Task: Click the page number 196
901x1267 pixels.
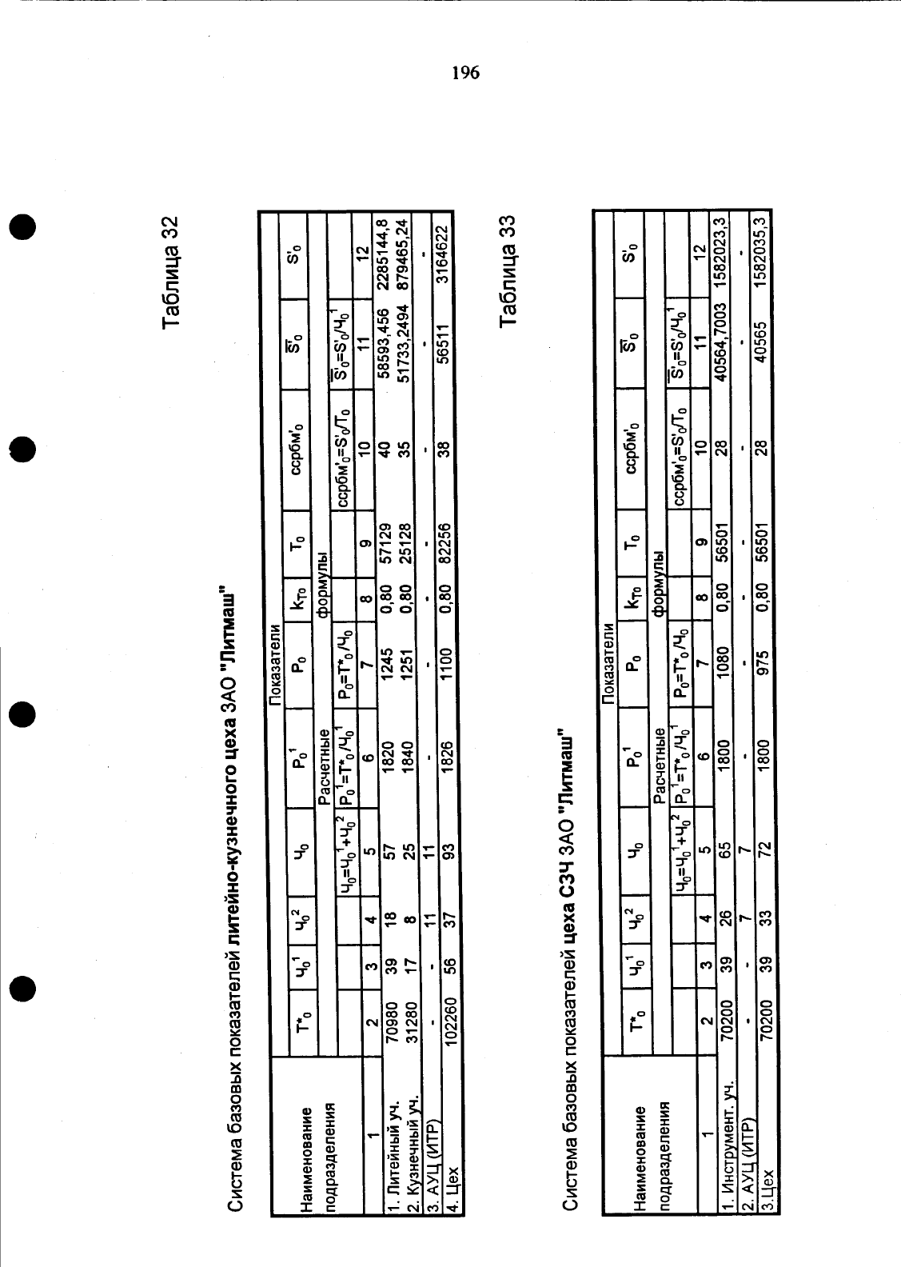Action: tap(466, 73)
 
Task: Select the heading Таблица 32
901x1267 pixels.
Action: tap(170, 271)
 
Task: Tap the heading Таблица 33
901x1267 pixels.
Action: tap(508, 270)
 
